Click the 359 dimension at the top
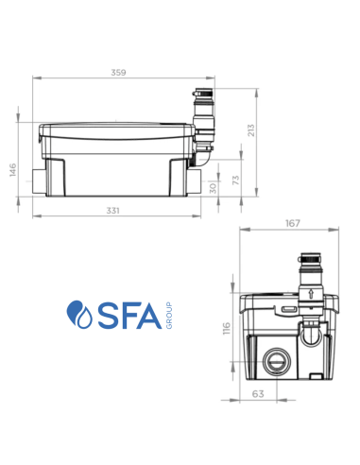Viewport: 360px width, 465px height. tap(117, 71)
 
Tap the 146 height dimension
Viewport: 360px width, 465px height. tap(14, 169)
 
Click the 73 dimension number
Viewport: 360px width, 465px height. tap(236, 179)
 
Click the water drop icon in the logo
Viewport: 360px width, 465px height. tap(77, 313)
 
